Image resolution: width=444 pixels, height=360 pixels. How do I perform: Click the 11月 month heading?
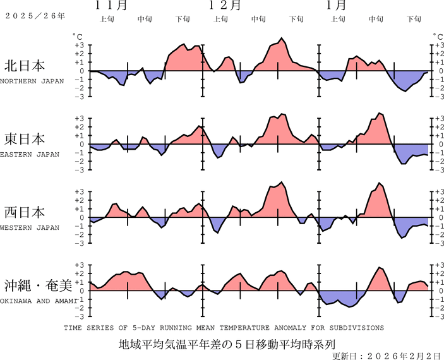tap(111, 6)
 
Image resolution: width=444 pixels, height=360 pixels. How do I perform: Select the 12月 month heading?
tap(225, 6)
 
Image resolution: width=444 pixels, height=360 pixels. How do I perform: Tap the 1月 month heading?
tap(336, 6)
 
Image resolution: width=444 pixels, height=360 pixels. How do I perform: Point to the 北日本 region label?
tap(25, 66)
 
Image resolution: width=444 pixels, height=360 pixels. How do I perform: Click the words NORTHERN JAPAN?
tap(32, 81)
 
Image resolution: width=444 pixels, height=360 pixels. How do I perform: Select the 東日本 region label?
tap(25, 139)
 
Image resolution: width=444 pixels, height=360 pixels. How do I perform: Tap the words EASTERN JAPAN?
tap(30, 154)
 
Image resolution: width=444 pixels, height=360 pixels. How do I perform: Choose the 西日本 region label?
tap(25, 212)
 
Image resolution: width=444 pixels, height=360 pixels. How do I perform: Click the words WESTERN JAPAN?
tap(30, 227)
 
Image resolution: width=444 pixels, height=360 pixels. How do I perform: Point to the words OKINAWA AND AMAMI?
tap(39, 301)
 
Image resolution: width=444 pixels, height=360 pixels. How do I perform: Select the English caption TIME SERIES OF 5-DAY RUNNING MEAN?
tap(224, 328)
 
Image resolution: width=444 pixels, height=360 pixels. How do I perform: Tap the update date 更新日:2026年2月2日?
tap(386, 356)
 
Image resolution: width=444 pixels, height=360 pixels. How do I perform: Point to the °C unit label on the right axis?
tap(435, 37)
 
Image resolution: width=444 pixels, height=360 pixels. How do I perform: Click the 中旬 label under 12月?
tap(258, 19)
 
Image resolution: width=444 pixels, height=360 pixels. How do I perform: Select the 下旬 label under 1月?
tap(414, 19)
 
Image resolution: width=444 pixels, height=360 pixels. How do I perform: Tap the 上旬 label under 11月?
tap(107, 19)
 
